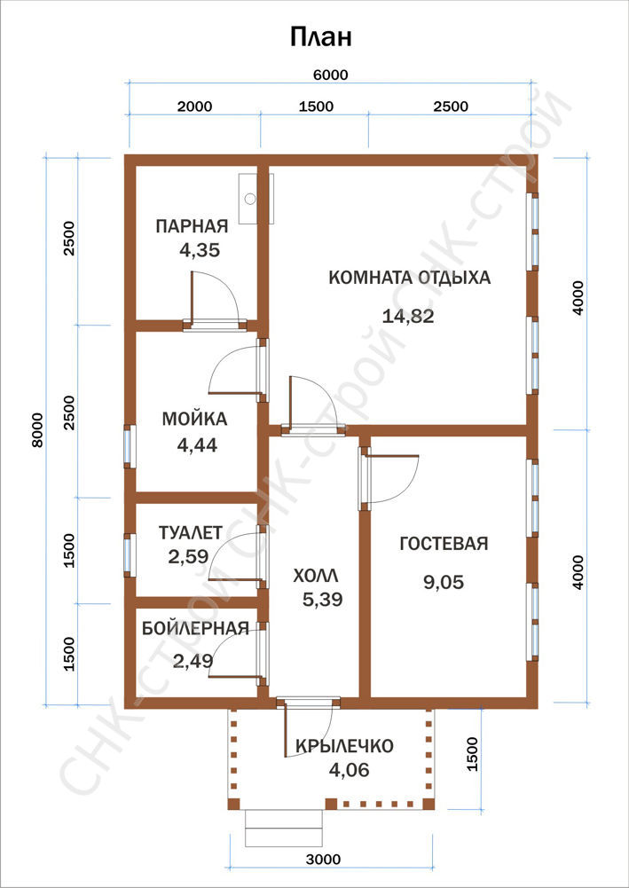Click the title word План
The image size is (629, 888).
pos(321,37)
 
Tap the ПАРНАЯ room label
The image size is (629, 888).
pos(192,226)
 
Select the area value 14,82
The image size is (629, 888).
pos(408,316)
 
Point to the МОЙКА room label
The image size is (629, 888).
pos(195,419)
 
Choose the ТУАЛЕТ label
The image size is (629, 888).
pos(191,533)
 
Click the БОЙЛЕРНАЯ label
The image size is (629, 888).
pos(195,628)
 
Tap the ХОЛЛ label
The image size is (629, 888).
pos(316,577)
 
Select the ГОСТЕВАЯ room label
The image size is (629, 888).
pos(444,544)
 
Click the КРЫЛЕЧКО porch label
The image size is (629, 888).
pos(344,746)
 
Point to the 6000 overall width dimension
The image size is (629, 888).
pos(329,75)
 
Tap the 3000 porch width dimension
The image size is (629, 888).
pos(325,859)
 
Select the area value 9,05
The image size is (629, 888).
pos(444,582)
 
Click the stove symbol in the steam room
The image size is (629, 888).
pos(256,198)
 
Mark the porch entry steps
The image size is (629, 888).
pos(284,828)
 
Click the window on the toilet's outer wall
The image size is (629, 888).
pos(130,555)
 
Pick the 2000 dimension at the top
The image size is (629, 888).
pos(195,106)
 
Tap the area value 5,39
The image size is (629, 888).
pos(323,599)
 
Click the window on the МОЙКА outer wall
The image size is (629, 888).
pos(130,446)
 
